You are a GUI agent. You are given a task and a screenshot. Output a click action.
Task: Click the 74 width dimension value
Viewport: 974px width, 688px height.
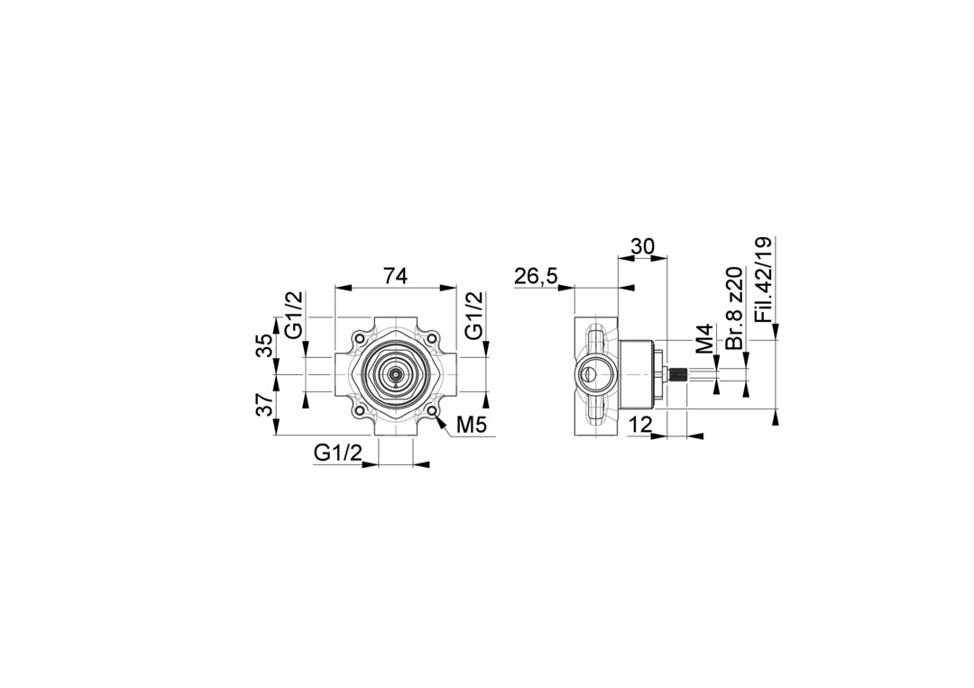[x=395, y=275]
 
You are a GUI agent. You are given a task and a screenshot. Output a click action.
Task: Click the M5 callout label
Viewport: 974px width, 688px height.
[x=470, y=425]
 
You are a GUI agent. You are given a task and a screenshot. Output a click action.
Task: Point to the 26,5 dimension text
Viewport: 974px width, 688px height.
[x=536, y=277]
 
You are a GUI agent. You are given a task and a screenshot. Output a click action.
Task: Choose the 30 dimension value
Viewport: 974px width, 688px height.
[x=642, y=246]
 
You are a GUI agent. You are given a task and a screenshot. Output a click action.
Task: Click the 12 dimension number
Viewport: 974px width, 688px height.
[x=639, y=425]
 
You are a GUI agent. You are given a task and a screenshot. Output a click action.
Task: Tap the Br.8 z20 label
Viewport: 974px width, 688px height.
[x=735, y=308]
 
